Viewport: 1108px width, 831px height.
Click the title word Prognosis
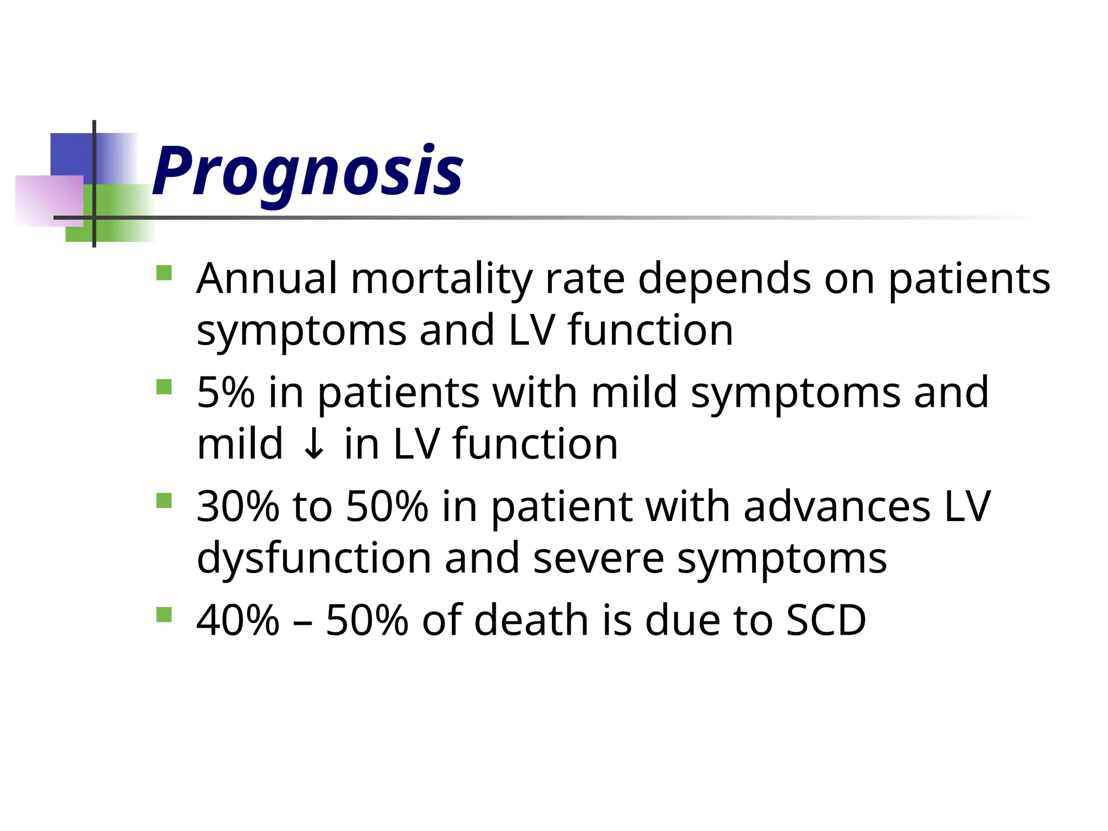(x=307, y=172)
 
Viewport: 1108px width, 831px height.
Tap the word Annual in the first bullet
(x=267, y=279)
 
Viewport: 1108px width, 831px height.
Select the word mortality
(x=441, y=280)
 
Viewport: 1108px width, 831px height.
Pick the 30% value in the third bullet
(x=238, y=507)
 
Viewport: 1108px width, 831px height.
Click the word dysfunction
(x=314, y=558)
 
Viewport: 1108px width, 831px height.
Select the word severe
(x=598, y=558)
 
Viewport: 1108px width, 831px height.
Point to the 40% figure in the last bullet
(x=238, y=621)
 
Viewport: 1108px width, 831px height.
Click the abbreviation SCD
(x=826, y=621)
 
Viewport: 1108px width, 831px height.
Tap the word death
(x=531, y=621)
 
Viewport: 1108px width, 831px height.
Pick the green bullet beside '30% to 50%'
(x=164, y=500)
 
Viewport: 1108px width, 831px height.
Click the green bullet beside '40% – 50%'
(x=164, y=615)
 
